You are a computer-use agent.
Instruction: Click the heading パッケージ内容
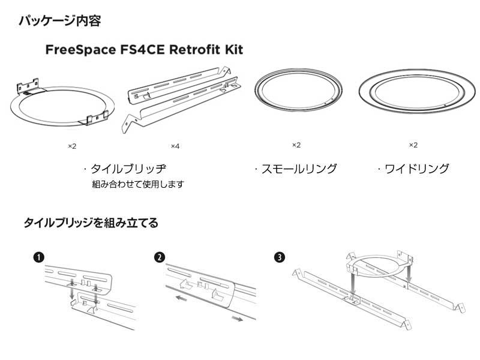(x=59, y=21)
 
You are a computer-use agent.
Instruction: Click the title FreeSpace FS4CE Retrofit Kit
(x=144, y=50)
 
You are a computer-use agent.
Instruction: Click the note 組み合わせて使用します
(x=137, y=184)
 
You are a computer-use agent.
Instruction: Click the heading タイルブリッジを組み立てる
(x=91, y=223)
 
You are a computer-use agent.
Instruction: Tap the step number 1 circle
(x=38, y=257)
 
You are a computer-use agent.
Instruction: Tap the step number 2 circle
(x=159, y=257)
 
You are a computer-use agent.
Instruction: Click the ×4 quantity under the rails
(x=175, y=146)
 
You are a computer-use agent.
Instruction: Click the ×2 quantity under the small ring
(x=296, y=145)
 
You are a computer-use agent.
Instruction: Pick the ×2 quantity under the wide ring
(x=413, y=145)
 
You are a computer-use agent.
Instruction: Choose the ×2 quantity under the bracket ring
(x=72, y=146)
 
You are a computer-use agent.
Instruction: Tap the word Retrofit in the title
(x=191, y=50)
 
